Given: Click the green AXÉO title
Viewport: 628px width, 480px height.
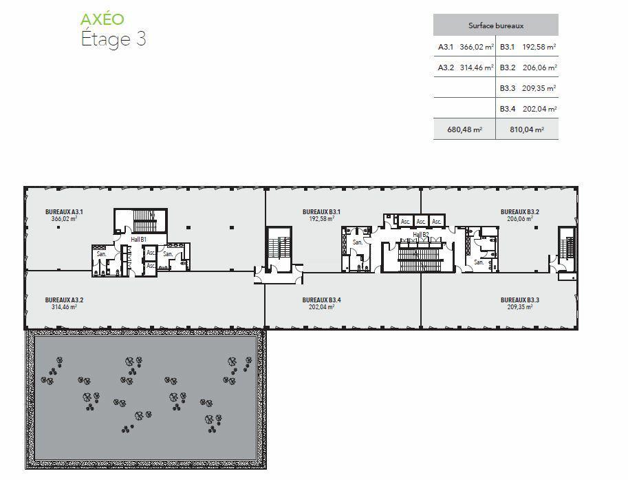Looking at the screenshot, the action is pyautogui.click(x=102, y=19).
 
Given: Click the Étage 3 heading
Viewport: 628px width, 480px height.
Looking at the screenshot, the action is pyautogui.click(x=113, y=39).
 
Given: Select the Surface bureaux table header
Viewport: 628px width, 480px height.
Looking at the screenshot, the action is pyautogui.click(x=496, y=25).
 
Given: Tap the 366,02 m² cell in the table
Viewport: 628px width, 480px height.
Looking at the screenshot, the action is pyautogui.click(x=477, y=47).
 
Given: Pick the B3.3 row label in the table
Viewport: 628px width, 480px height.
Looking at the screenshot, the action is pyautogui.click(x=508, y=88).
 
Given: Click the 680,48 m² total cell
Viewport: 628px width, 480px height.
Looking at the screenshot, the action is pyautogui.click(x=464, y=129).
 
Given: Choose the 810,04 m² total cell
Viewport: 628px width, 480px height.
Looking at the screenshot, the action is pyautogui.click(x=527, y=129).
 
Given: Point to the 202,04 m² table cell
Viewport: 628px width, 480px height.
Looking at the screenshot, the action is pyautogui.click(x=539, y=109).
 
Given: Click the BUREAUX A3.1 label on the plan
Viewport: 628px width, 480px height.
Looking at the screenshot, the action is pyautogui.click(x=64, y=211).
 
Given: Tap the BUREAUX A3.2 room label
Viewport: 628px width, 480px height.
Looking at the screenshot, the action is pyautogui.click(x=64, y=300).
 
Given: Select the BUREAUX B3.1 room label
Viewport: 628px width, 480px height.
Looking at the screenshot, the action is pyautogui.click(x=322, y=211).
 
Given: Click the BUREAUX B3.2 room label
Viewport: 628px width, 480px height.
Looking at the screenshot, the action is pyautogui.click(x=520, y=211).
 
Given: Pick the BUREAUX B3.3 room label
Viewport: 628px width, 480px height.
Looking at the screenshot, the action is pyautogui.click(x=520, y=300).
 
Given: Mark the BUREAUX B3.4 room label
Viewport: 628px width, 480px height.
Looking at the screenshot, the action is pyautogui.click(x=322, y=300).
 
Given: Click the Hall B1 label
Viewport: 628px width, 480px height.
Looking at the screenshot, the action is pyautogui.click(x=138, y=240).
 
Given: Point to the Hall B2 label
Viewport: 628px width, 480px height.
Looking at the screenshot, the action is pyautogui.click(x=421, y=234).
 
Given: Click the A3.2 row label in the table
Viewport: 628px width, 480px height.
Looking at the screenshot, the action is pyautogui.click(x=446, y=67).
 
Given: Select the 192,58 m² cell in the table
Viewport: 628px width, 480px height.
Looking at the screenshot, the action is pyautogui.click(x=539, y=47).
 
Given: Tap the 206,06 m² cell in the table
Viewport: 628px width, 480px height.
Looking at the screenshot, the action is pyautogui.click(x=540, y=67).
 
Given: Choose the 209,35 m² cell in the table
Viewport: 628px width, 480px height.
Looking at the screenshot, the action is pyautogui.click(x=539, y=88).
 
